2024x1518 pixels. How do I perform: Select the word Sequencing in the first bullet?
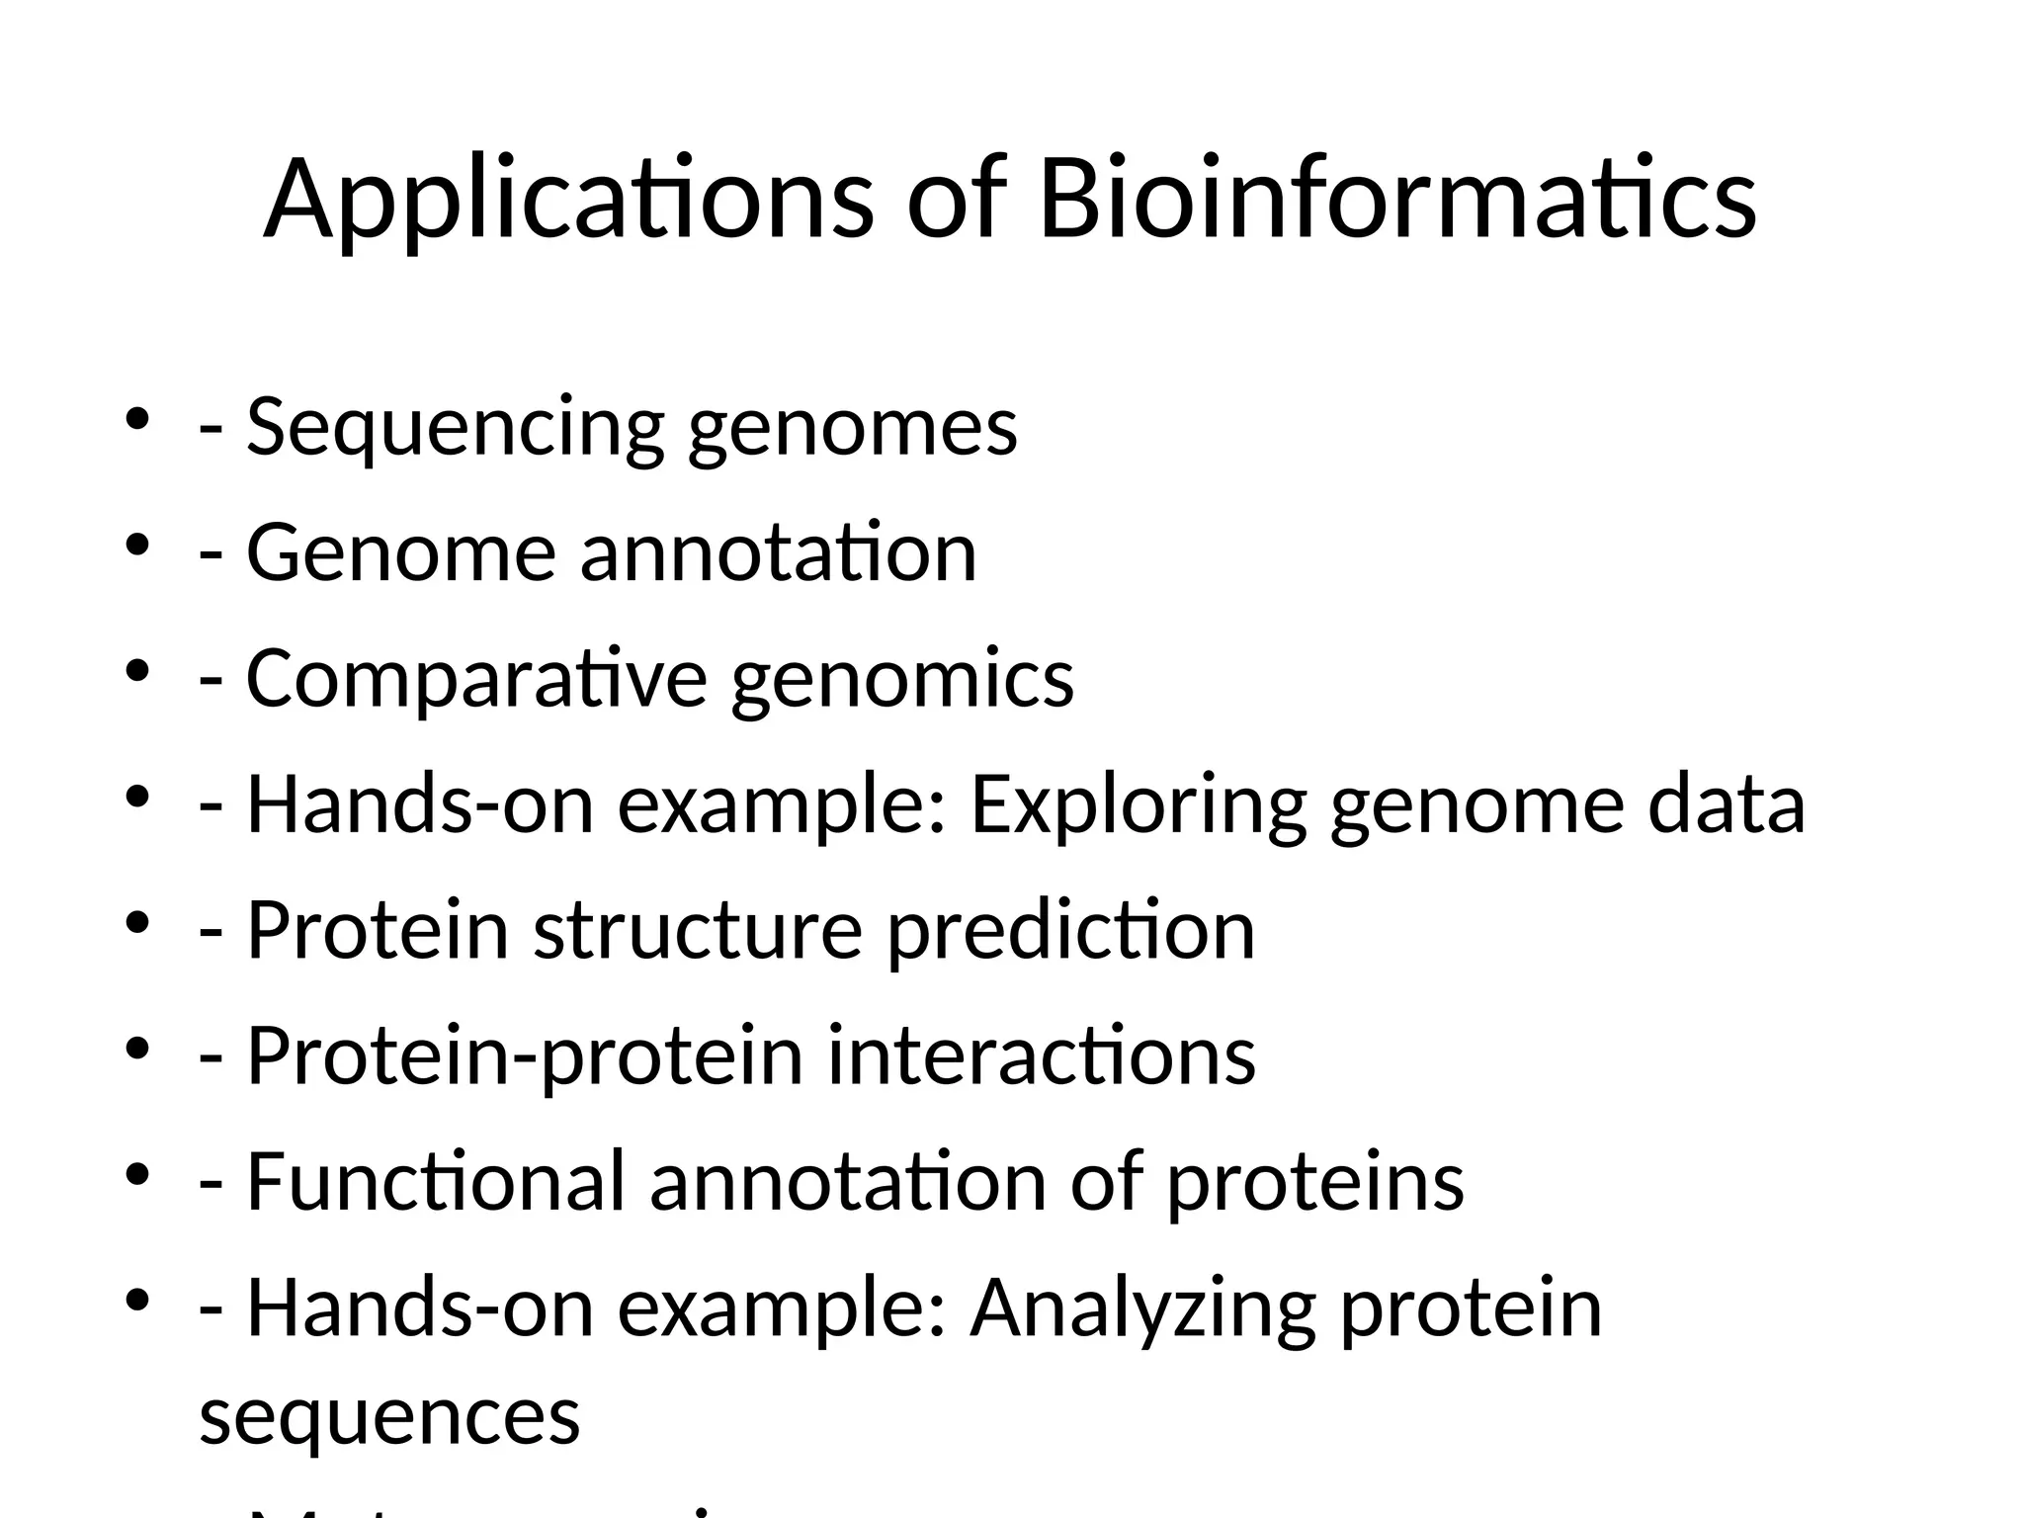(x=455, y=428)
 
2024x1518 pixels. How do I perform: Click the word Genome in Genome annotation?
(x=401, y=552)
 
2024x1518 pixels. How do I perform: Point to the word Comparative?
(x=476, y=680)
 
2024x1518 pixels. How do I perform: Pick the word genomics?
(x=901, y=680)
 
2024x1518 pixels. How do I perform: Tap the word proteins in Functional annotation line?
(x=1315, y=1183)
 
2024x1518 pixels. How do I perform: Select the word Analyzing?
(x=1142, y=1309)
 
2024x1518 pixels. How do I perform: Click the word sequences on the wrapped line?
(x=389, y=1416)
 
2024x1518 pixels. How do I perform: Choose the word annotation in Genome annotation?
(x=778, y=552)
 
